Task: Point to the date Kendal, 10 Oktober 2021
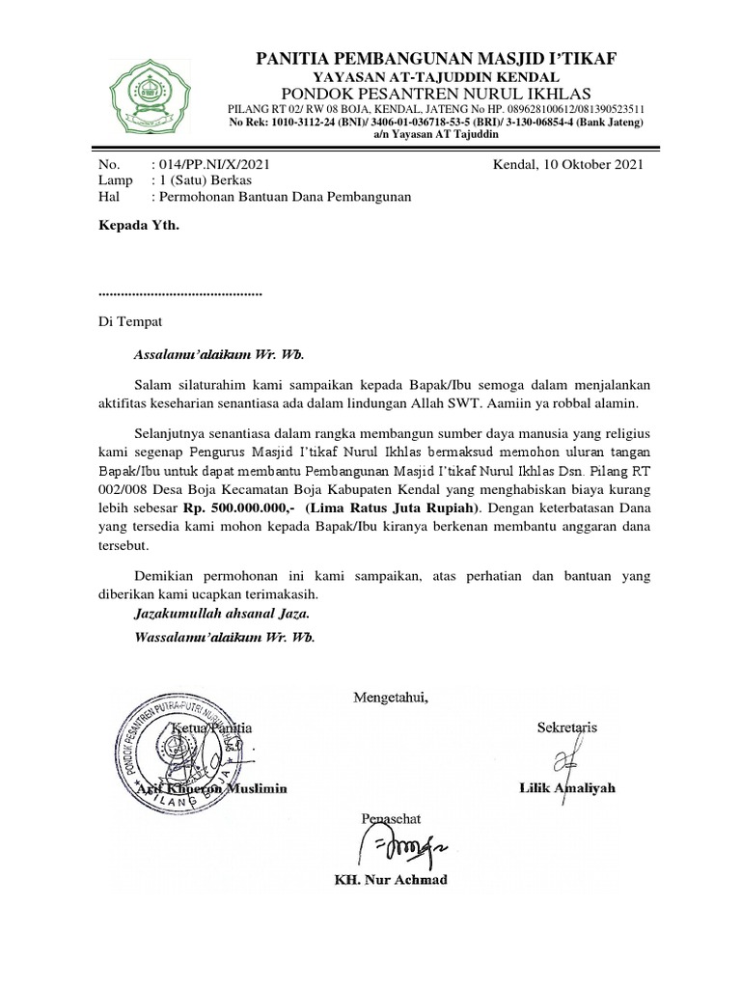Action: point(568,164)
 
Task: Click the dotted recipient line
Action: point(180,291)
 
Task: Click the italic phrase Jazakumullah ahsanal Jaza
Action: point(222,613)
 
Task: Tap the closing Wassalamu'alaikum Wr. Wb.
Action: point(225,638)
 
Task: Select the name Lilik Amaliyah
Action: point(567,788)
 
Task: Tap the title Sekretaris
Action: point(566,727)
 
